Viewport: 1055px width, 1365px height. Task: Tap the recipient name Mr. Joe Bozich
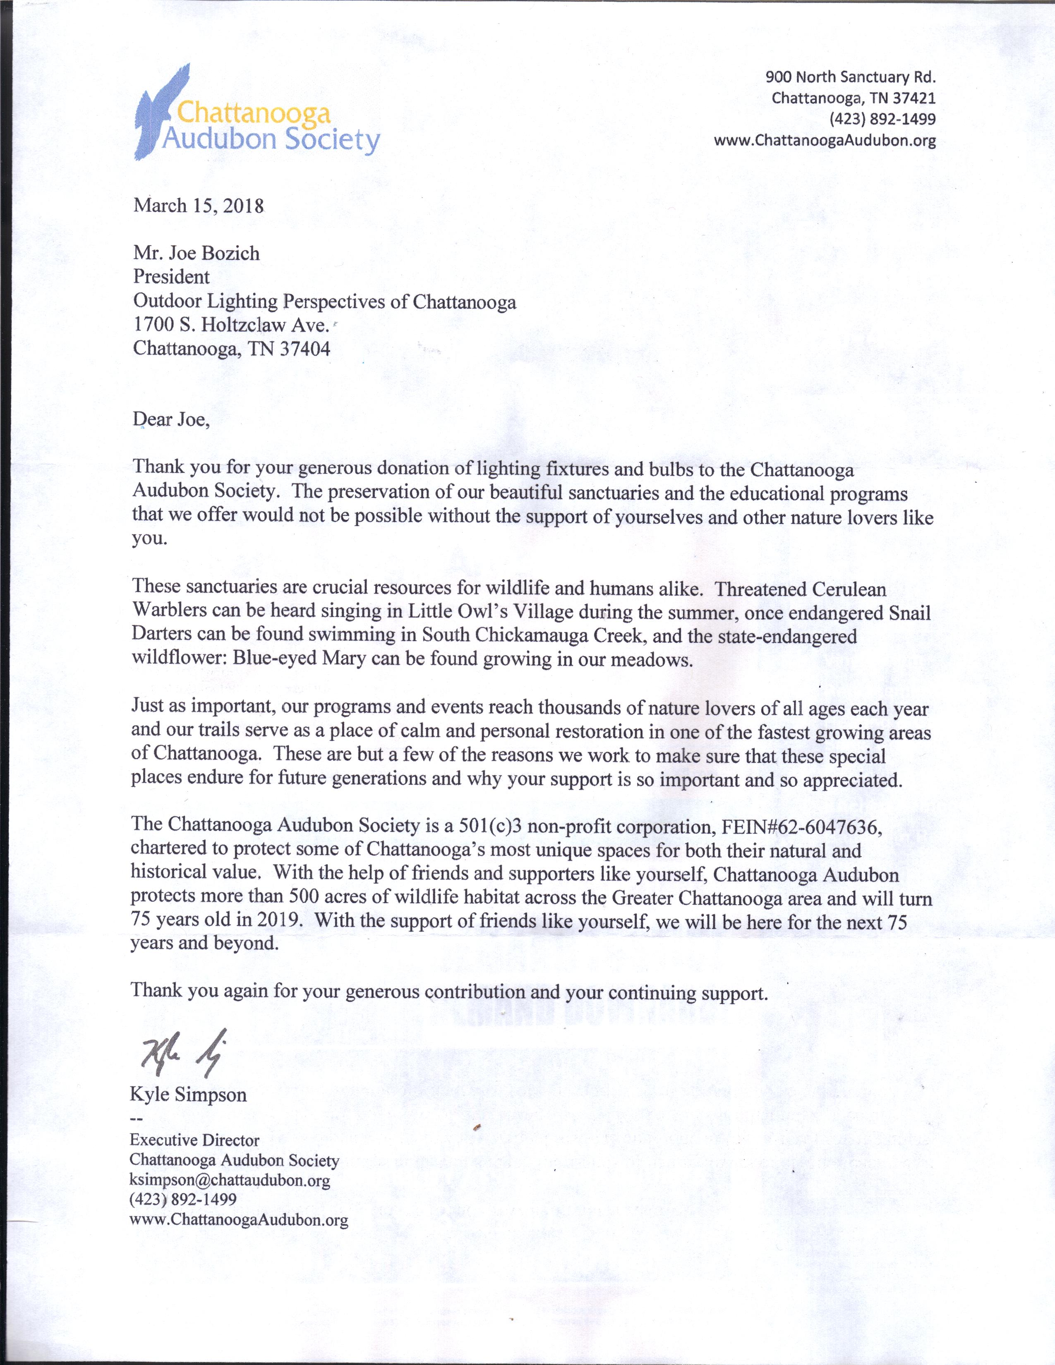196,253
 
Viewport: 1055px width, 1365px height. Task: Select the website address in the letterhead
825,141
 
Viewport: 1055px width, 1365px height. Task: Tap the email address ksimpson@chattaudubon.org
229,1180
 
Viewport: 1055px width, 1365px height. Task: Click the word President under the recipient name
171,277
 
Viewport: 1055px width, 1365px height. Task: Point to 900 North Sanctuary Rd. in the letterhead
850,77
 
